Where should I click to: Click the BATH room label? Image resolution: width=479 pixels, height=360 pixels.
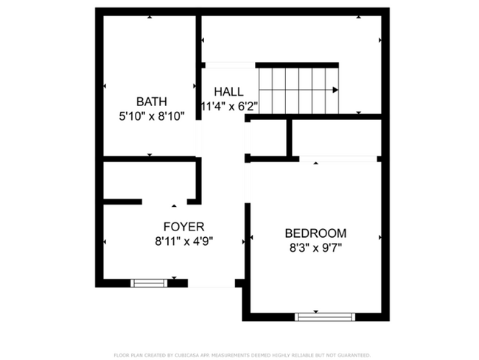click(151, 102)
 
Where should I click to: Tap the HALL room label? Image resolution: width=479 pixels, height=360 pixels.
click(228, 91)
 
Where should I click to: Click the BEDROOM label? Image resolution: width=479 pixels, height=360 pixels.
click(315, 233)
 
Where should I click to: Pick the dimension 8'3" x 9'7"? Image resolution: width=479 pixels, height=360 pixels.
click(315, 247)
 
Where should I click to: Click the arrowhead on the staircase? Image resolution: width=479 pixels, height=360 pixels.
click(336, 90)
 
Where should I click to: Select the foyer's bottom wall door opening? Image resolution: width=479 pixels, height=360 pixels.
click(211, 283)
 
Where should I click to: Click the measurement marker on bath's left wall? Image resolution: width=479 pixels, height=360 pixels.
click(105, 86)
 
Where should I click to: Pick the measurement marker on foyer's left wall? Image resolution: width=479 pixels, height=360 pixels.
click(105, 241)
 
